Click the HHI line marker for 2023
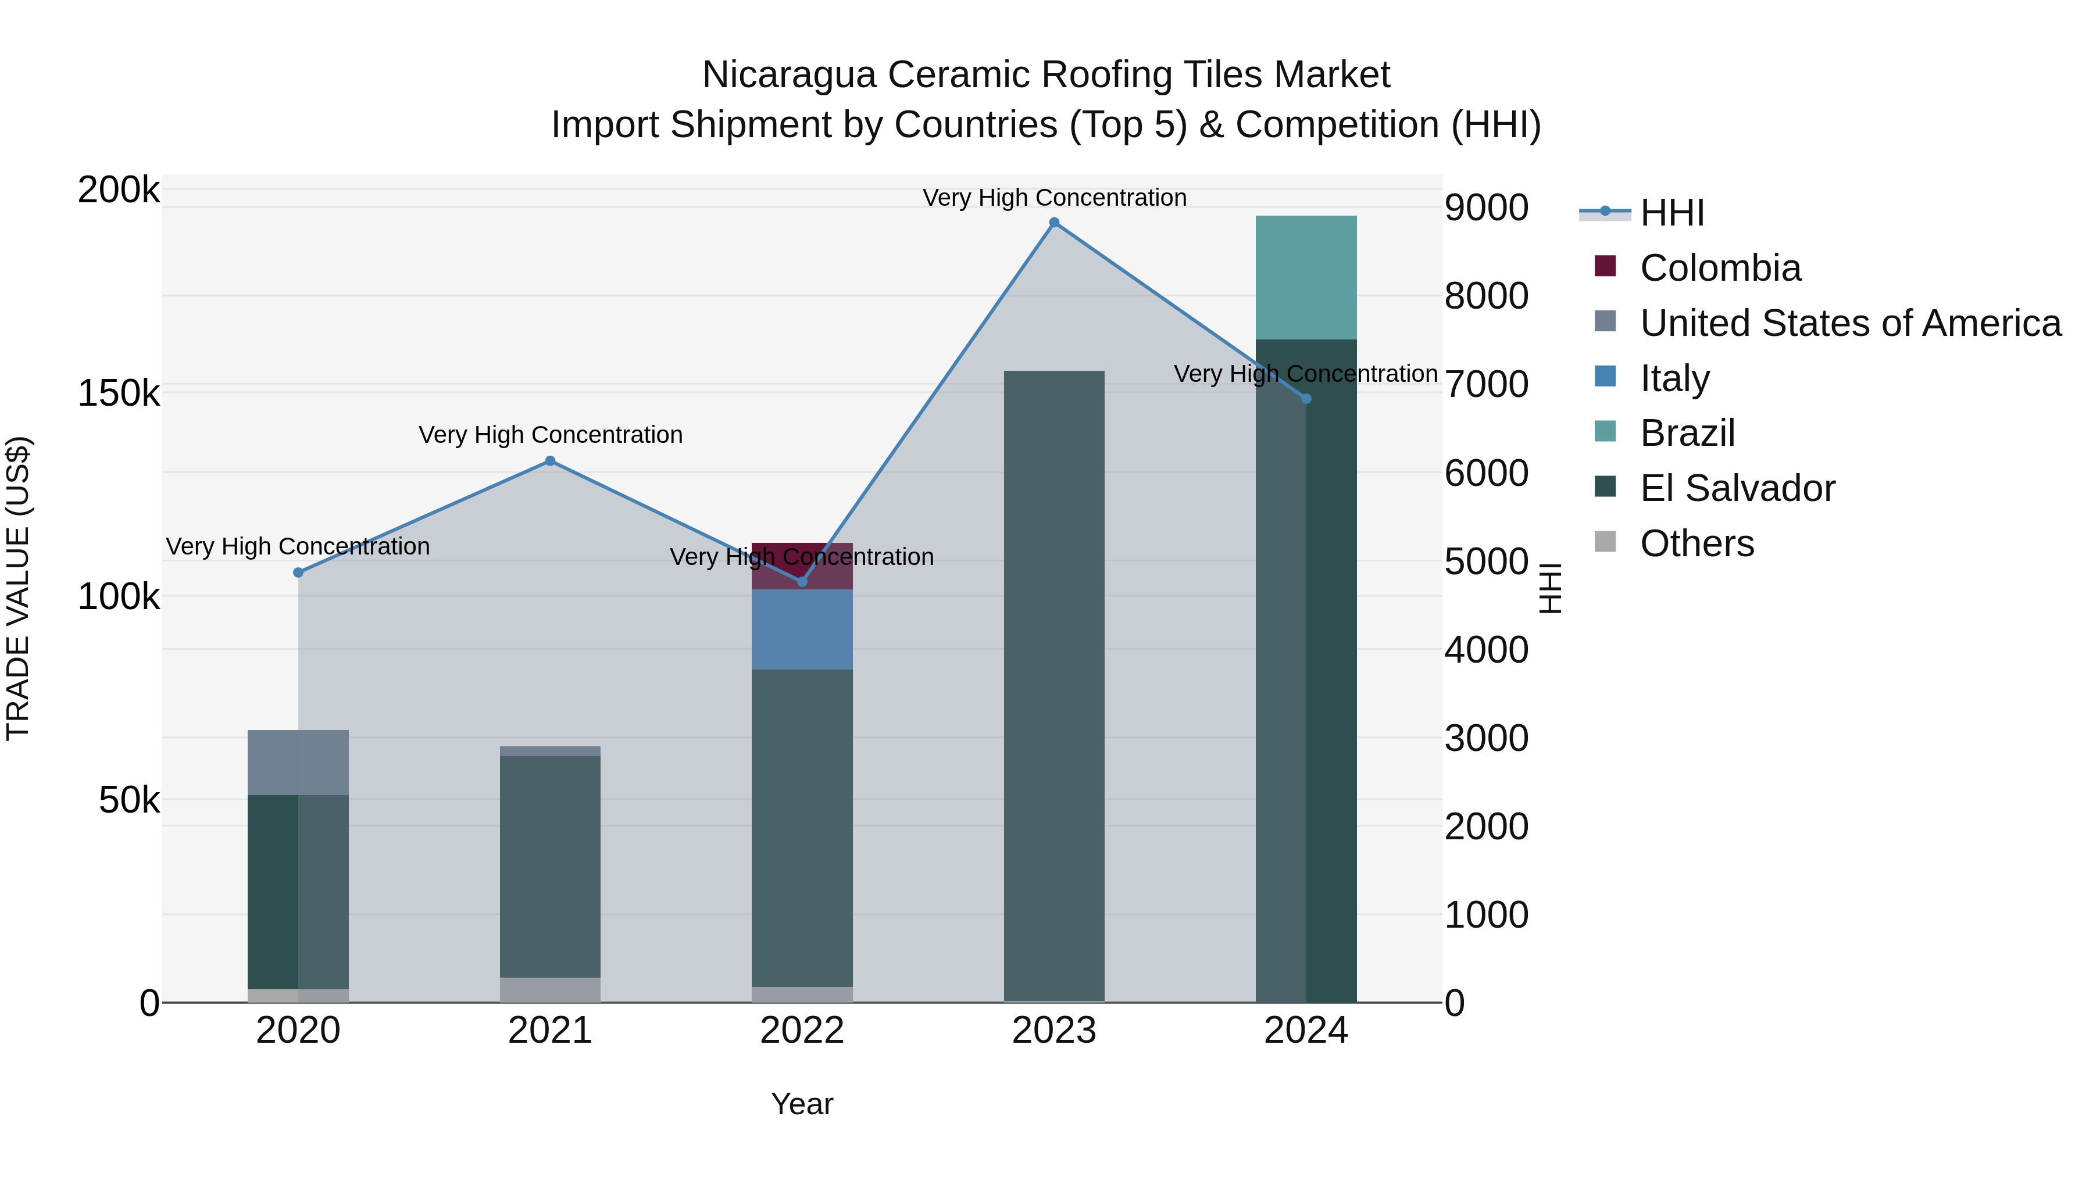pyautogui.click(x=1054, y=223)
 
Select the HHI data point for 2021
pyautogui.click(x=550, y=462)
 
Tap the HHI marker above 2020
pyautogui.click(x=298, y=573)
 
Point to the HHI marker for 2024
pyautogui.click(x=1306, y=399)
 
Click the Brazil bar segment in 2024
pyautogui.click(x=1306, y=278)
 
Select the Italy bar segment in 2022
pyautogui.click(x=802, y=629)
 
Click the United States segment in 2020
pyautogui.click(x=298, y=762)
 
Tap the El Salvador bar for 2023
pyautogui.click(x=1054, y=686)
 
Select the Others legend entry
pyautogui.click(x=1696, y=543)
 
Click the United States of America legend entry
pyautogui.click(x=1849, y=323)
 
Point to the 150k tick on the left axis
pyautogui.click(x=119, y=394)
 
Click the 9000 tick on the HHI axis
pyautogui.click(x=1486, y=208)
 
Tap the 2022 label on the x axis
pyautogui.click(x=802, y=1031)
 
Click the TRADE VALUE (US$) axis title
pyautogui.click(x=18, y=588)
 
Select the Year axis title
pyautogui.click(x=802, y=1104)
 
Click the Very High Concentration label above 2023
pyautogui.click(x=1054, y=198)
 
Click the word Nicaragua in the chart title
pyautogui.click(x=788, y=75)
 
